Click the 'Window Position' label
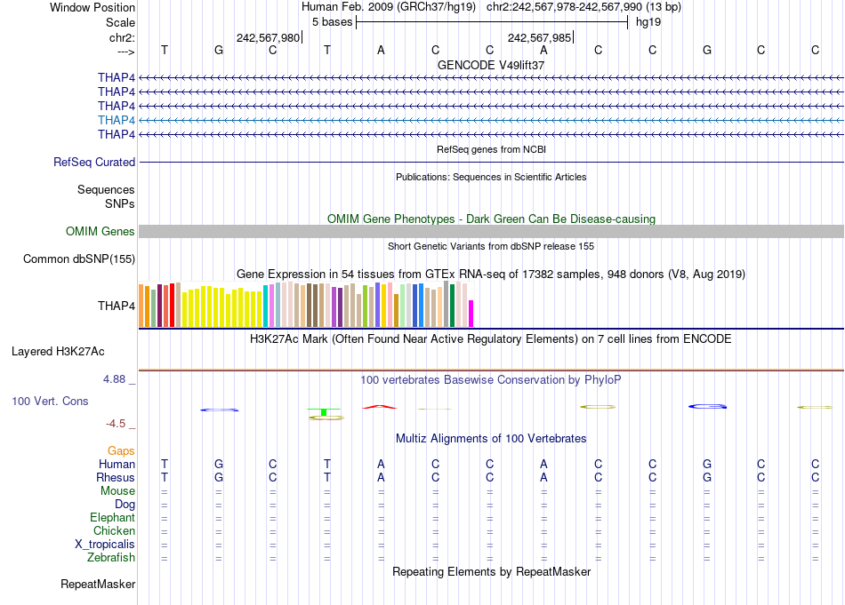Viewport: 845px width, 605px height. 93,7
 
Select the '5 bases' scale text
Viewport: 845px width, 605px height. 332,21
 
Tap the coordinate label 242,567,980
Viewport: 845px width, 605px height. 268,37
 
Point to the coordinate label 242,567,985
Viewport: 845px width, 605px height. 539,37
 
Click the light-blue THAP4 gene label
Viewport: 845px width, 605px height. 117,120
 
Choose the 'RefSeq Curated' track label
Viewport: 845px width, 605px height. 94,163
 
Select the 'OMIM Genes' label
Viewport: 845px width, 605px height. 101,232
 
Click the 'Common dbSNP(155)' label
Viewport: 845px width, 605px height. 79,259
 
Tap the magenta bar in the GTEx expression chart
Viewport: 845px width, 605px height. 471,314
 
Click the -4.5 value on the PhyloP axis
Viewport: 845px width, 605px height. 117,424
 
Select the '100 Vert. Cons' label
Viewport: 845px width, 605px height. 50,402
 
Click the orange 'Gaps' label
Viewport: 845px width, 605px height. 121,451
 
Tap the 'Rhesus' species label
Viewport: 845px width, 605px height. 116,477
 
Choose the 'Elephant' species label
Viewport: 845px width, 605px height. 112,518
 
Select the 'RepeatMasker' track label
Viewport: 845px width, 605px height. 98,585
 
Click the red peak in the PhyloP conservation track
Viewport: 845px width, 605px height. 380,407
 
